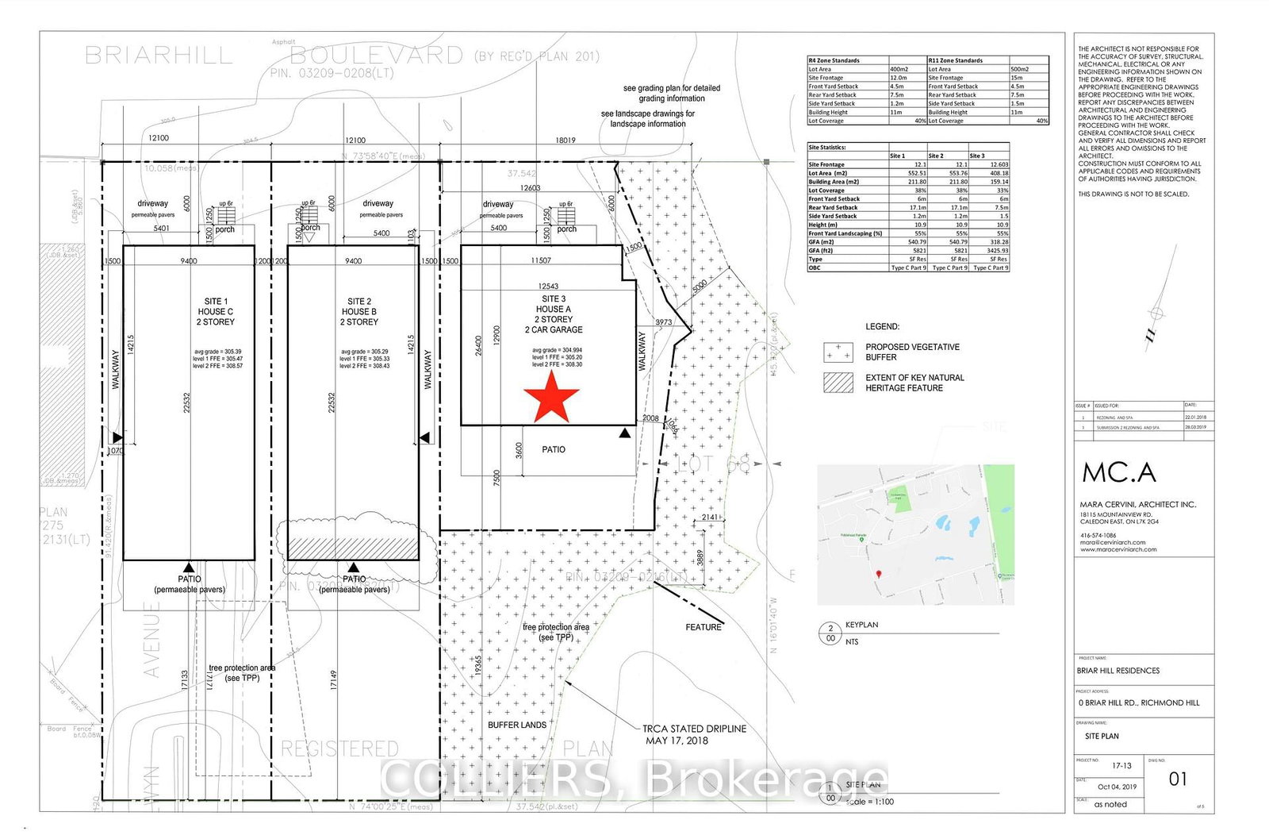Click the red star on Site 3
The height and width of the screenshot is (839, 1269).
551,395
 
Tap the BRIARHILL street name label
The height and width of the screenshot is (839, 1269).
159,56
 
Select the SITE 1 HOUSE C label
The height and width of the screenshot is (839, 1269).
215,311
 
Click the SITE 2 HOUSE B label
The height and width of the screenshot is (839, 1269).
359,311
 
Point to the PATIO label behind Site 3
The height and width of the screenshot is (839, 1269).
554,449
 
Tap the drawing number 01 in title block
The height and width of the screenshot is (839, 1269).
1178,779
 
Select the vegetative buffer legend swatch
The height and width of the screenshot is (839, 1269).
838,352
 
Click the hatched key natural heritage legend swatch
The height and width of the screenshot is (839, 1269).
838,383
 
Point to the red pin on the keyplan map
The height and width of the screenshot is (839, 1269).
878,574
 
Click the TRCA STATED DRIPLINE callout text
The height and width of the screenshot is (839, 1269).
694,734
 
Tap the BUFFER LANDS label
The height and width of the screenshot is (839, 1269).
516,725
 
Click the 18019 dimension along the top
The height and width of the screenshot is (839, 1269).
565,140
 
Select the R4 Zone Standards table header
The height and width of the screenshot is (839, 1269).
834,60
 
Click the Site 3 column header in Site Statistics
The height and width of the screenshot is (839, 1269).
977,156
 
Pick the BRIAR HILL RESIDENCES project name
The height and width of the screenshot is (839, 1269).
1118,671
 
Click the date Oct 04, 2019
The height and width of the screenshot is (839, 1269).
1117,787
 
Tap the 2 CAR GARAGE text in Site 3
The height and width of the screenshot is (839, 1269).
554,329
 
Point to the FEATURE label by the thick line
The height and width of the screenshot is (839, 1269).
704,627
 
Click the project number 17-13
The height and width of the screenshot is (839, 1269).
1121,766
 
